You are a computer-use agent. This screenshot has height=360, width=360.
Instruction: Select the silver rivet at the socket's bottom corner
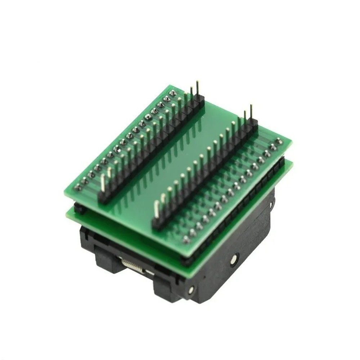(x=191, y=289)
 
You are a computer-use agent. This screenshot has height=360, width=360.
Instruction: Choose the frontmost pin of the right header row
(x=157, y=209)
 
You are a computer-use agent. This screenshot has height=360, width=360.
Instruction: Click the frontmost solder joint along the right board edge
(x=186, y=239)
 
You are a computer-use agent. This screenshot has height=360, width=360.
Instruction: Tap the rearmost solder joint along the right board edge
(x=278, y=141)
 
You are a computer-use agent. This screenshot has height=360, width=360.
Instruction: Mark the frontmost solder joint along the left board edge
(x=77, y=187)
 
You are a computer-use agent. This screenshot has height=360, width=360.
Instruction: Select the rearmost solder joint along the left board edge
(x=173, y=93)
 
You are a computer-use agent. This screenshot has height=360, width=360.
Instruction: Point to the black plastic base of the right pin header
(x=205, y=173)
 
